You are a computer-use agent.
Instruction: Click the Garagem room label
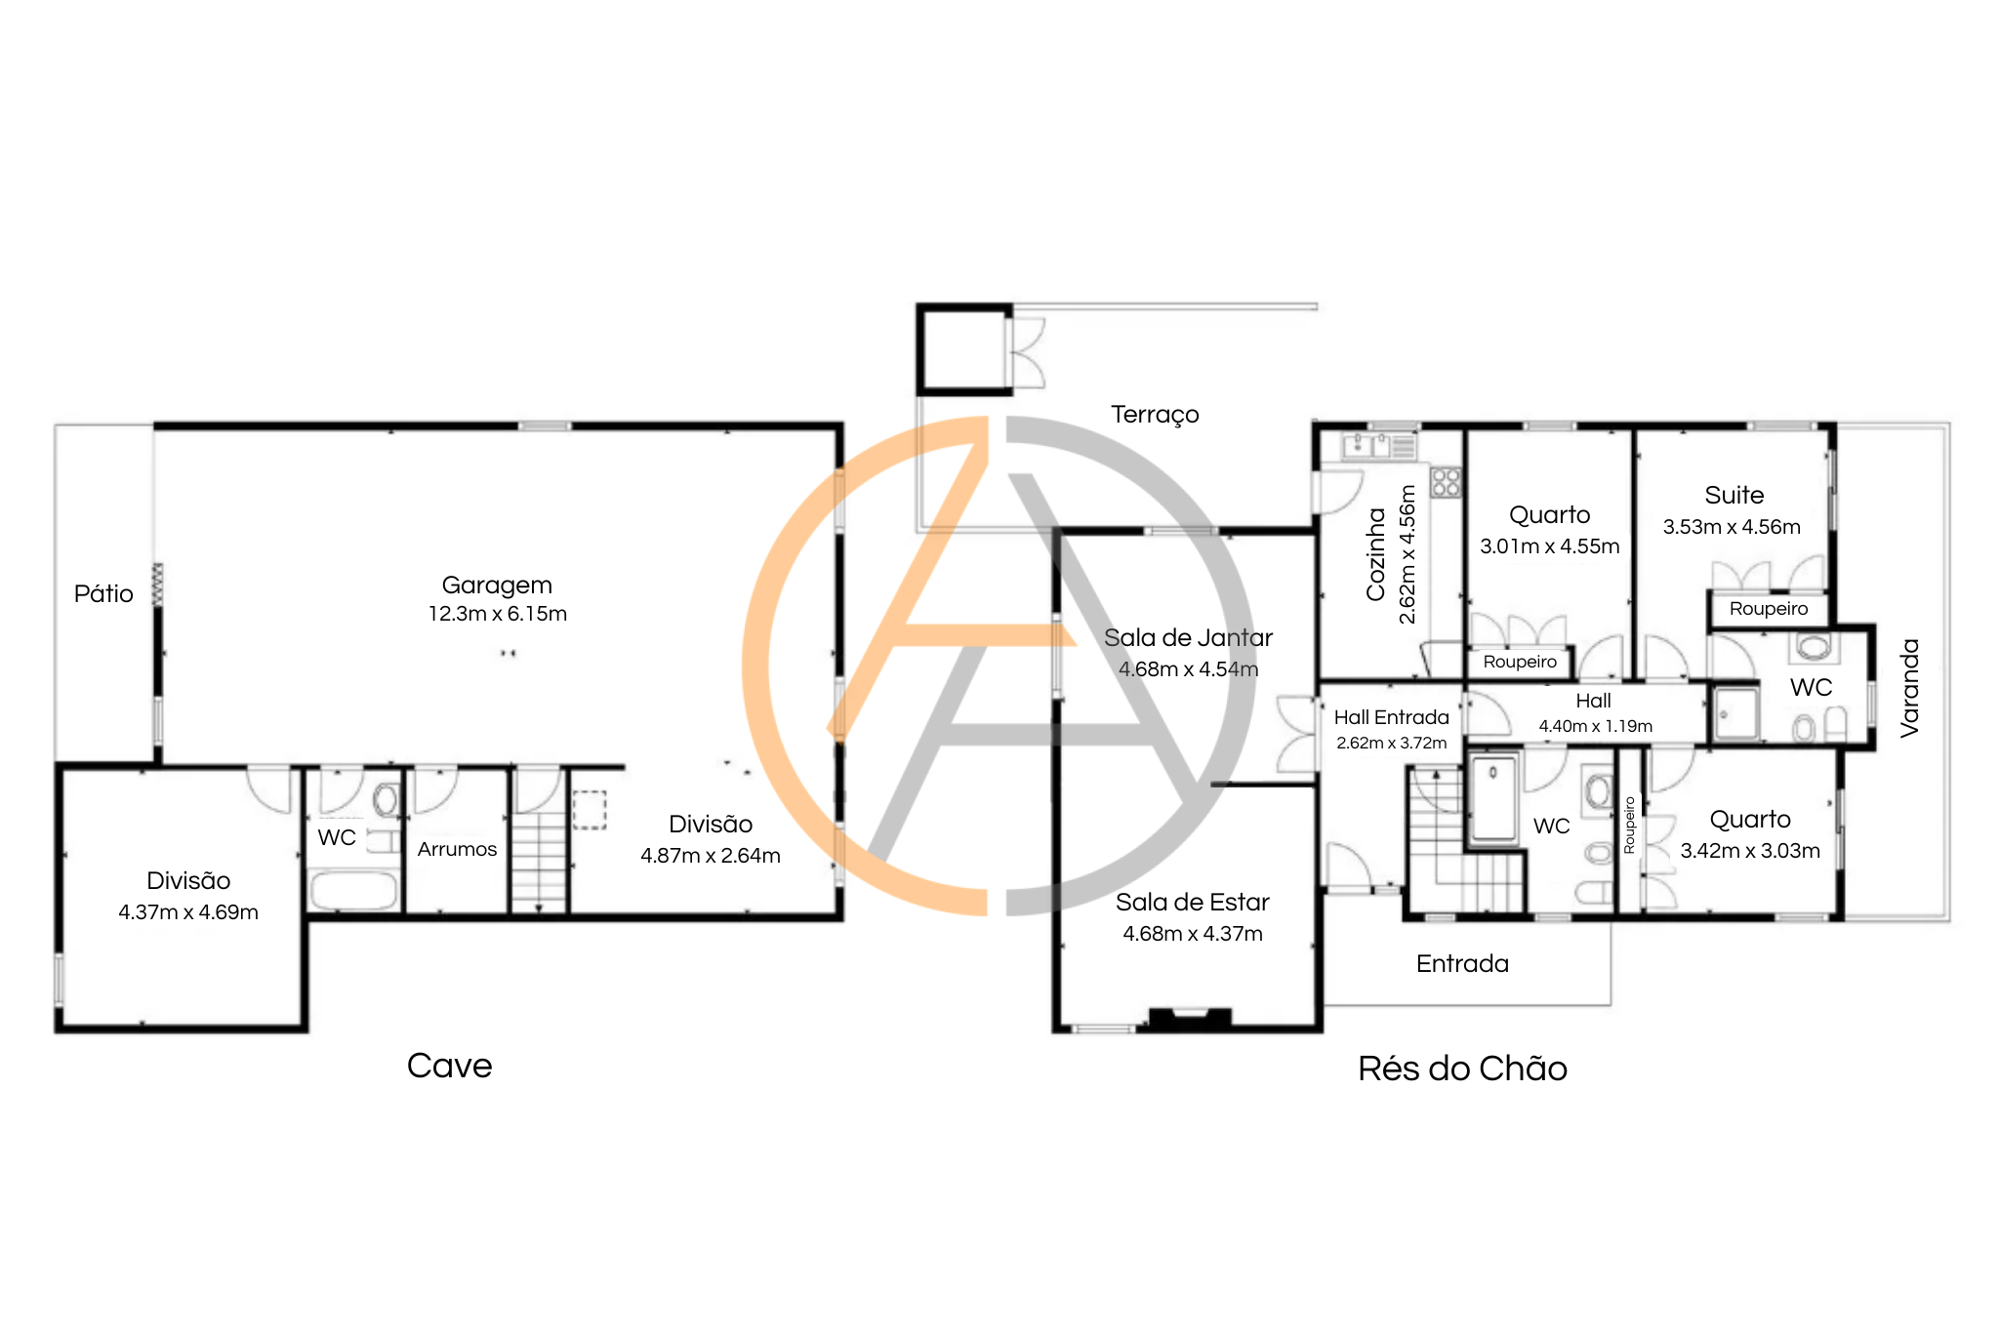pyautogui.click(x=497, y=585)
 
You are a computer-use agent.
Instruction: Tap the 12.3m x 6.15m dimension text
pyautogui.click(x=497, y=614)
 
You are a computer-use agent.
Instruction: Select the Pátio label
pyautogui.click(x=103, y=593)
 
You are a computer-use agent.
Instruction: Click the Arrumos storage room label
pyautogui.click(x=457, y=849)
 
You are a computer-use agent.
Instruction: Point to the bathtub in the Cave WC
pyautogui.click(x=353, y=889)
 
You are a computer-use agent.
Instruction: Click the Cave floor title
pyautogui.click(x=449, y=1066)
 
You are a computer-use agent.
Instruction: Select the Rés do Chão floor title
pyautogui.click(x=1462, y=1069)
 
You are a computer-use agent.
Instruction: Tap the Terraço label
pyautogui.click(x=1155, y=415)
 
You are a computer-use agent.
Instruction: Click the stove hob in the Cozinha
pyautogui.click(x=1446, y=482)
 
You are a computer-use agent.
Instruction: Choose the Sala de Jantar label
pyautogui.click(x=1188, y=638)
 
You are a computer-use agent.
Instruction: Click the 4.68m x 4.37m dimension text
pyautogui.click(x=1193, y=934)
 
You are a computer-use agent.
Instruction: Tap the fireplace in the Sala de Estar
pyautogui.click(x=1189, y=1018)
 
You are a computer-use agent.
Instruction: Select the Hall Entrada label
pyautogui.click(x=1391, y=717)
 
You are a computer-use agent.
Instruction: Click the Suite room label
pyautogui.click(x=1734, y=496)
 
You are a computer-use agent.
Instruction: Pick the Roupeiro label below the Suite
pyautogui.click(x=1769, y=609)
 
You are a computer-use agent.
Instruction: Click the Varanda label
pyautogui.click(x=1910, y=688)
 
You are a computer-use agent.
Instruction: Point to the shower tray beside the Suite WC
pyautogui.click(x=1735, y=714)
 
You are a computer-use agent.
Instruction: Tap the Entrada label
pyautogui.click(x=1462, y=964)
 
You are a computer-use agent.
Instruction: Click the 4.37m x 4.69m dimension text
pyautogui.click(x=188, y=912)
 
